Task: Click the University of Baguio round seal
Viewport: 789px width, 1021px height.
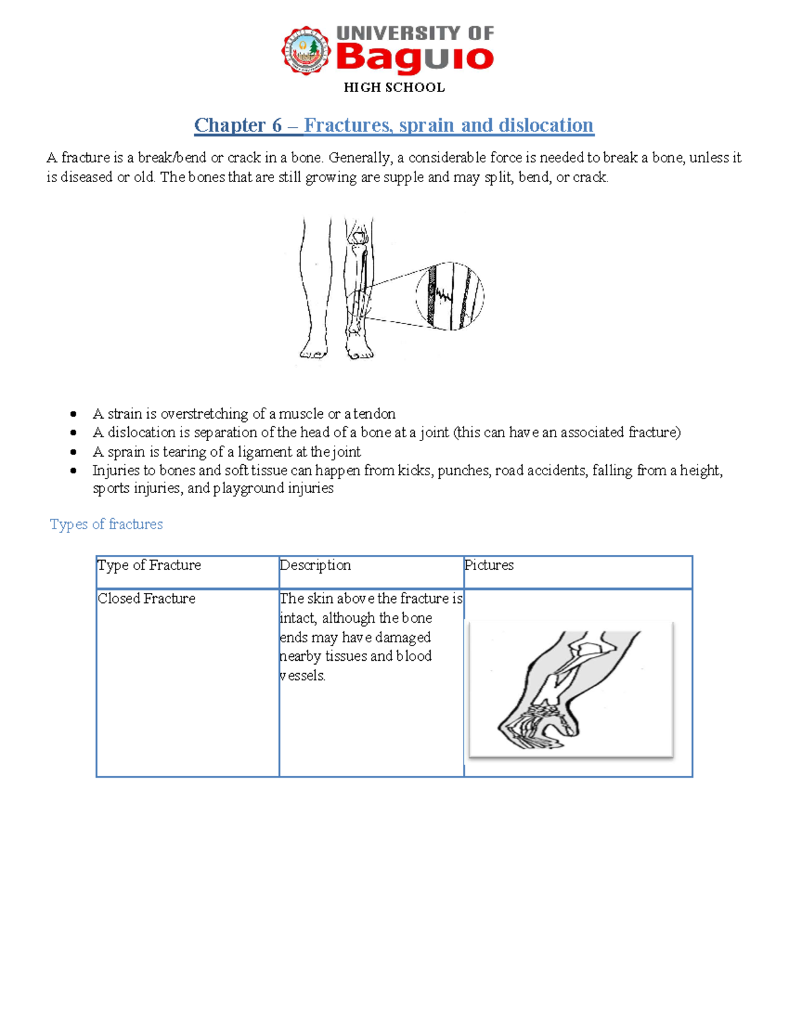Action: click(306, 51)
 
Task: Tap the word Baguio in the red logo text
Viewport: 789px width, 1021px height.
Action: click(414, 58)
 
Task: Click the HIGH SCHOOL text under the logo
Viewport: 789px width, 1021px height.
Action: click(394, 87)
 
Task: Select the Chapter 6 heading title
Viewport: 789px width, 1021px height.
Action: click(394, 125)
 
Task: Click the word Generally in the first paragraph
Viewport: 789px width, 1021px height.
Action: click(360, 158)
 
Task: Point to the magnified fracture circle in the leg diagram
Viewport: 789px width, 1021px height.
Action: click(450, 296)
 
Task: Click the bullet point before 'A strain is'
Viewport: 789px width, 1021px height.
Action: click(74, 414)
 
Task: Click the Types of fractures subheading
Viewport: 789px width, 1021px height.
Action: click(106, 524)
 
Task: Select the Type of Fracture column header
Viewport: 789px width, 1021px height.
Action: click(149, 565)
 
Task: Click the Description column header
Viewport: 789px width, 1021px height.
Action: click(315, 565)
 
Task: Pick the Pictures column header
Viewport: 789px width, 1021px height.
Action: click(489, 565)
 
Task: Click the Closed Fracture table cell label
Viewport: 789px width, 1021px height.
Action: click(147, 598)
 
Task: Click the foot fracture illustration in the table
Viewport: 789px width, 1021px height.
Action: click(571, 689)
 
